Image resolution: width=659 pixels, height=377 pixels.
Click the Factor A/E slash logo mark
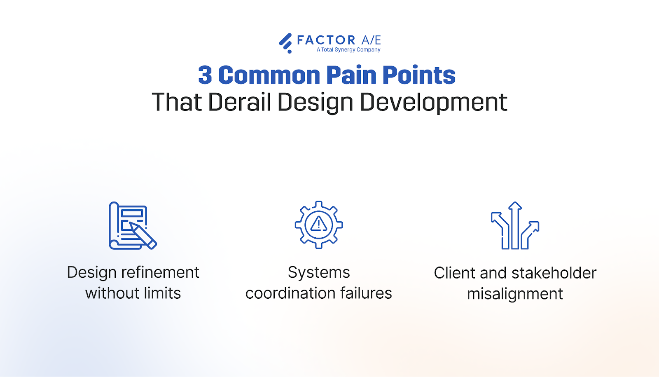point(285,43)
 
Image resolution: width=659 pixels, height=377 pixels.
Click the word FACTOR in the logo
point(326,40)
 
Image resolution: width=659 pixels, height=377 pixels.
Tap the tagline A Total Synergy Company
point(348,50)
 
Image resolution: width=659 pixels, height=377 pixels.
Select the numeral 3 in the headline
point(205,75)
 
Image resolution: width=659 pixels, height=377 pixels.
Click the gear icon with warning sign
point(319,225)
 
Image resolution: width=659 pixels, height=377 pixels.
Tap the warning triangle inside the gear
point(319,225)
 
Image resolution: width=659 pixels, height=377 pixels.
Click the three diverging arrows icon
point(515,226)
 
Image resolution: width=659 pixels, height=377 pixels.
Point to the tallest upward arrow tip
point(515,204)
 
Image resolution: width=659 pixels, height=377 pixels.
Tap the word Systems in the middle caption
point(319,272)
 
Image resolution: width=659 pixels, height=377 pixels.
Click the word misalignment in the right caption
point(515,294)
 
